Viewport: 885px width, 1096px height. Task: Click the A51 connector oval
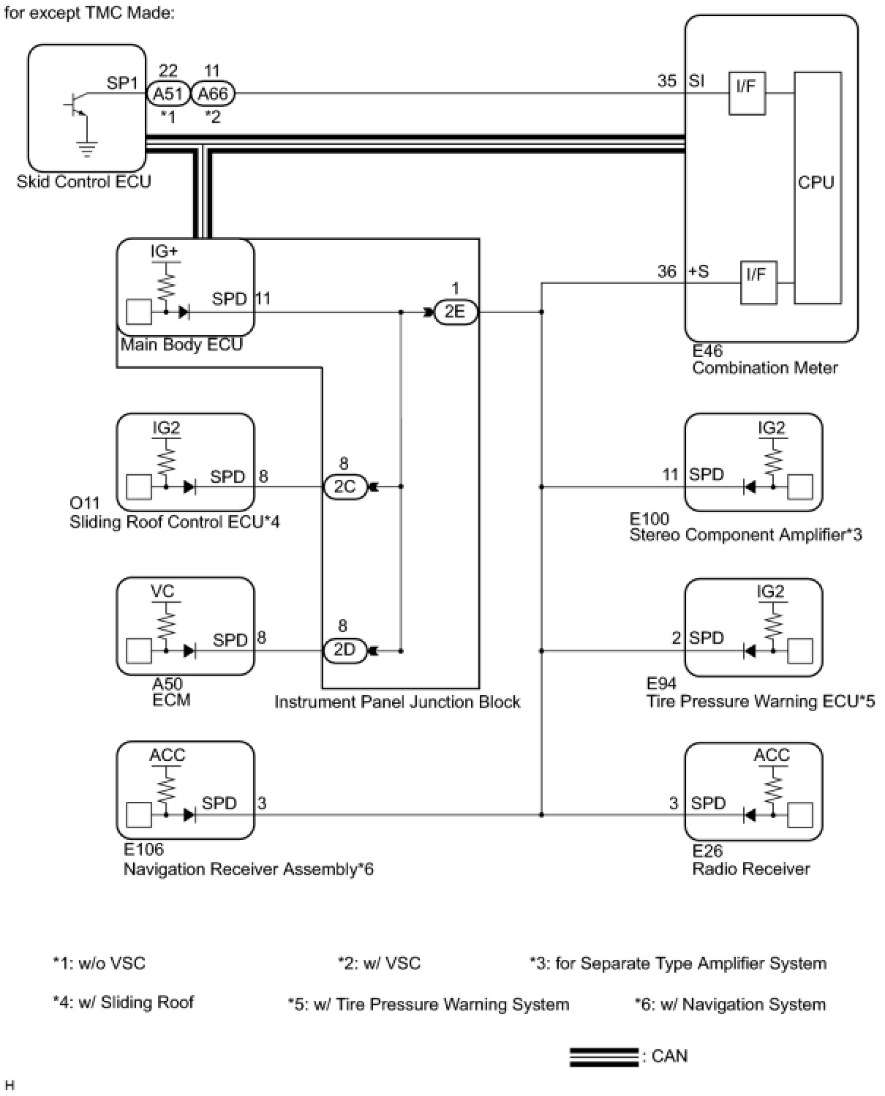[x=167, y=94]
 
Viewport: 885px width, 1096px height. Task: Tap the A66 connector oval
[x=213, y=94]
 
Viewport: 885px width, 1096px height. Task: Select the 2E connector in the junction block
[x=455, y=312]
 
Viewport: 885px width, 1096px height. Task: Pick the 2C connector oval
[x=344, y=487]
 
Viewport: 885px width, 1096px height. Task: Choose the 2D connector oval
[x=344, y=650]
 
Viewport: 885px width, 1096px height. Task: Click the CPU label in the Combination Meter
[x=816, y=183]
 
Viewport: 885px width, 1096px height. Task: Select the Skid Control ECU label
[x=83, y=182]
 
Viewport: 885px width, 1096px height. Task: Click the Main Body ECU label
[x=181, y=345]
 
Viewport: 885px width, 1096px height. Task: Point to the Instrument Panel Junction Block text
[x=397, y=702]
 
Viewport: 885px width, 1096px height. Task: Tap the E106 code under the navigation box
[x=143, y=849]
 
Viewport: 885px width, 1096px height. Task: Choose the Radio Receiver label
[x=751, y=869]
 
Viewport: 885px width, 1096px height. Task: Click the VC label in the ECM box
[x=163, y=591]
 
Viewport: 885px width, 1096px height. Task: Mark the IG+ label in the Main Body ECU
[x=165, y=252]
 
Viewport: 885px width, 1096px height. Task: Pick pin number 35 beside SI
[x=667, y=81]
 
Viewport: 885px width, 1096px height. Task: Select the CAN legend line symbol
[x=603, y=1056]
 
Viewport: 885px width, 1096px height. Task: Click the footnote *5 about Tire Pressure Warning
[x=429, y=1005]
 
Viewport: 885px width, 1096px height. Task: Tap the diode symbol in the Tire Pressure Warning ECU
[x=750, y=650]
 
